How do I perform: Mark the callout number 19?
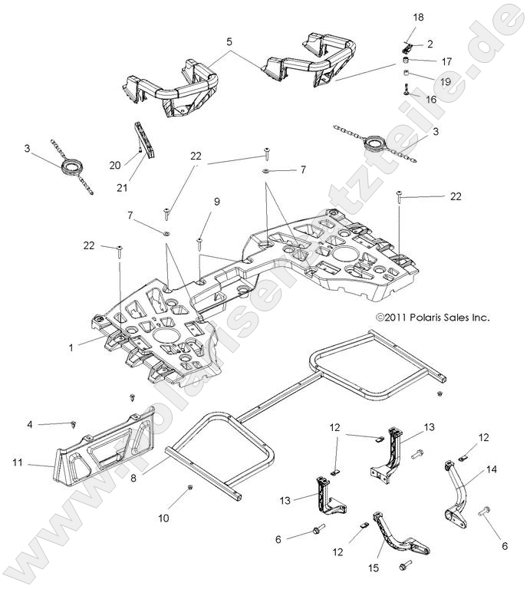click(x=444, y=80)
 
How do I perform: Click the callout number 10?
click(x=163, y=518)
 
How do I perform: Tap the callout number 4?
click(x=30, y=424)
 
